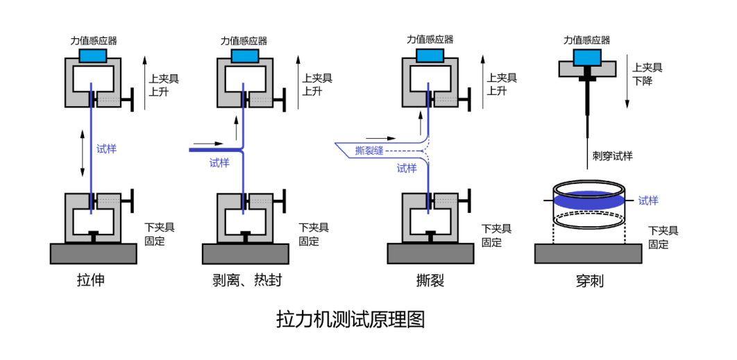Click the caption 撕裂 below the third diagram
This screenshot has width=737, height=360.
point(430,280)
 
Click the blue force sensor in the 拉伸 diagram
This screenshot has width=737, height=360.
point(93,55)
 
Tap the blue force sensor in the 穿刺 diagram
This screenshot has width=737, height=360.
point(588,55)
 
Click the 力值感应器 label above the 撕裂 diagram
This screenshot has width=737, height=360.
point(430,40)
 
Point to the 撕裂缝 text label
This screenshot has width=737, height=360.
point(368,151)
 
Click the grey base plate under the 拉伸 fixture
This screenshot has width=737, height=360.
point(94,253)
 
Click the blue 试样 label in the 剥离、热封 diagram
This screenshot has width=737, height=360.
point(219,164)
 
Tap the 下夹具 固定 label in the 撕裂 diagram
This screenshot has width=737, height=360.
point(497,234)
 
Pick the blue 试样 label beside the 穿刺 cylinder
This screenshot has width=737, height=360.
point(648,200)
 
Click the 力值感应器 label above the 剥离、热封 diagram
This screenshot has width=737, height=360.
point(244,41)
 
